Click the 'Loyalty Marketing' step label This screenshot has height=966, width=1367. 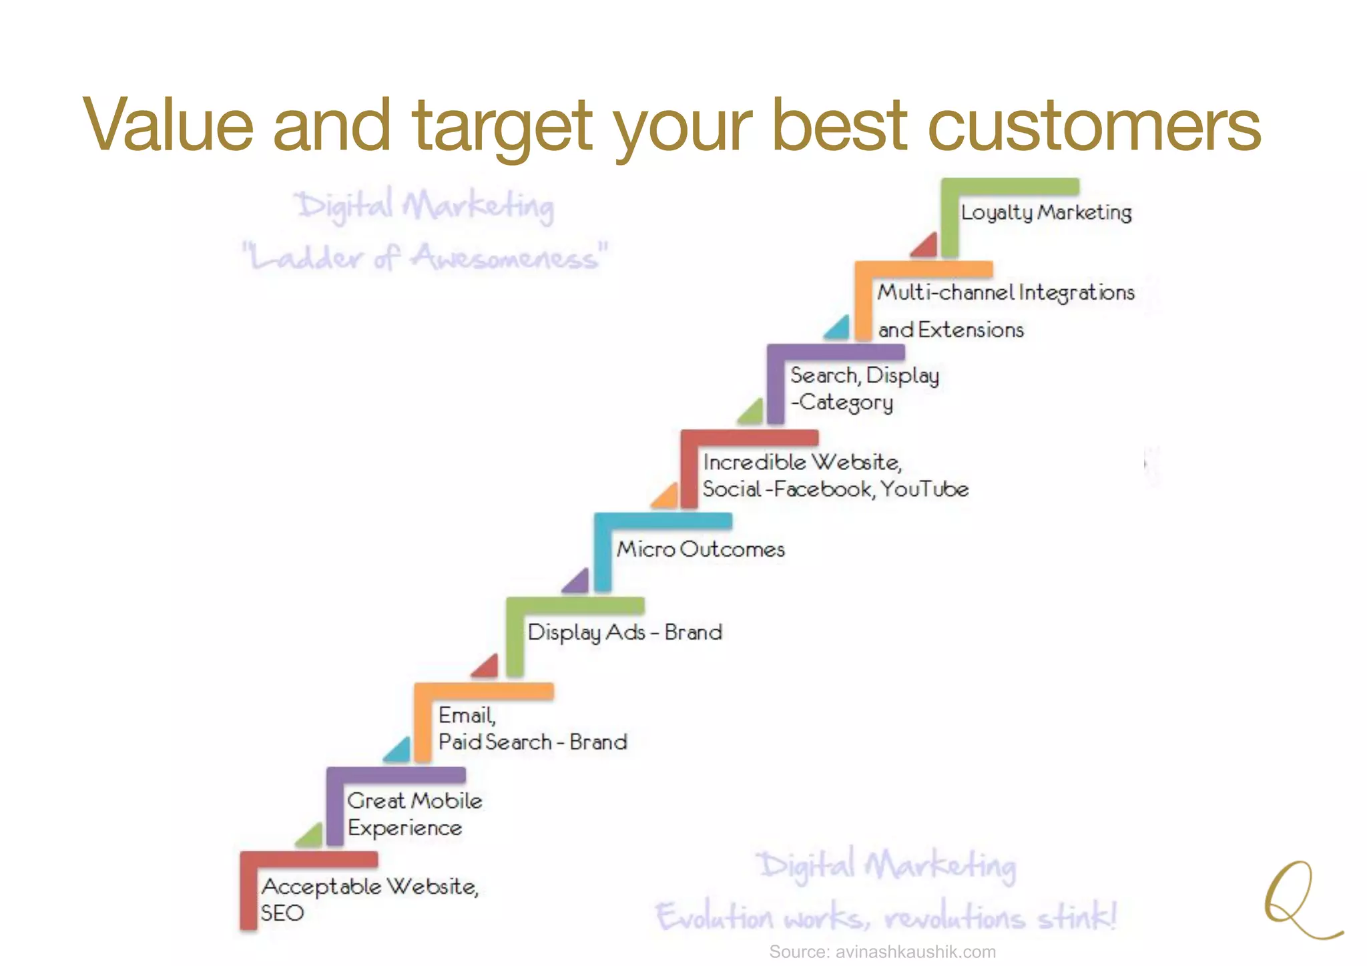[x=1046, y=212]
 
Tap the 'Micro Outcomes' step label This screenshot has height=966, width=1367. [x=701, y=549]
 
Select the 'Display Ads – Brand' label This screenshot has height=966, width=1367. [x=625, y=632]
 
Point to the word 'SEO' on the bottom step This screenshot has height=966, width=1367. [x=282, y=913]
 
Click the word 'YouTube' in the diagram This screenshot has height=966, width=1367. [x=924, y=489]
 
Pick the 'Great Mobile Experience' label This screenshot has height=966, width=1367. [x=414, y=814]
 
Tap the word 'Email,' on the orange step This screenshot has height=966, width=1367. [x=467, y=716]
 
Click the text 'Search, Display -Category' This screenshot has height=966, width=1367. [x=864, y=389]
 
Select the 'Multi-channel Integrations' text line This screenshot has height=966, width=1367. [x=1006, y=292]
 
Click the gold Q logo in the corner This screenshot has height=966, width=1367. [x=1298, y=901]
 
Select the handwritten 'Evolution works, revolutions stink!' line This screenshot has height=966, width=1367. [x=886, y=917]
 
